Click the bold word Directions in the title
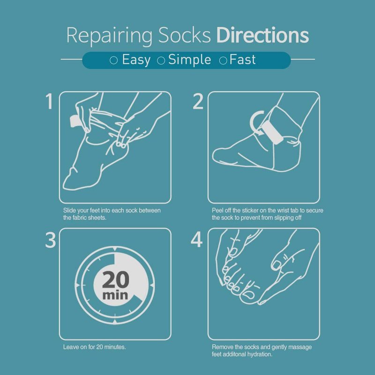pyautogui.click(x=262, y=35)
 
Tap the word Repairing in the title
pyautogui.click(x=109, y=37)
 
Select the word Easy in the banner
pyautogui.click(x=136, y=60)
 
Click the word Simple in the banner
pyautogui.click(x=189, y=60)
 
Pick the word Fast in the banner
pyautogui.click(x=242, y=60)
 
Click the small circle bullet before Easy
pyautogui.click(x=113, y=60)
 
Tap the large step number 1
pyautogui.click(x=49, y=101)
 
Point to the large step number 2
pyautogui.click(x=198, y=101)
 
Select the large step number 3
pyautogui.click(x=51, y=240)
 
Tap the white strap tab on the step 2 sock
pyautogui.click(x=272, y=133)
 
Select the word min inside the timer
pyautogui.click(x=115, y=295)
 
